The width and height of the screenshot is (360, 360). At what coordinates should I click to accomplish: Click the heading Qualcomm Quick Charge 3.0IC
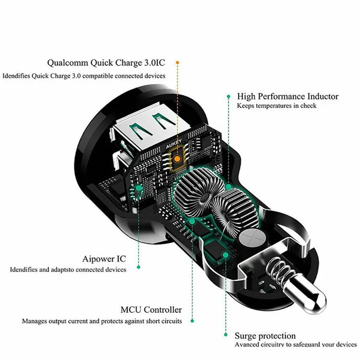[106, 63]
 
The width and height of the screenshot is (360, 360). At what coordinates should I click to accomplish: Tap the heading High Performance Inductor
[288, 96]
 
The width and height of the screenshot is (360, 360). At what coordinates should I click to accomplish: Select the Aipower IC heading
[104, 259]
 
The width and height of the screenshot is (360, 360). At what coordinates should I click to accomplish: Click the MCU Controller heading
[151, 310]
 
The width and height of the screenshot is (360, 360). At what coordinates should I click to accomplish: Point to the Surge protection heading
[265, 336]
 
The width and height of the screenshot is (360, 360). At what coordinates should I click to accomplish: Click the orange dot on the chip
[177, 158]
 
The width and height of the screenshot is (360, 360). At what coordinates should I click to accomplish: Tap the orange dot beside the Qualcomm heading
[178, 63]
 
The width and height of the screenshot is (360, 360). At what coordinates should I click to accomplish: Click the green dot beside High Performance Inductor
[228, 97]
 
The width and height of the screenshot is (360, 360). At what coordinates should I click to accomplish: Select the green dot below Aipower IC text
[138, 267]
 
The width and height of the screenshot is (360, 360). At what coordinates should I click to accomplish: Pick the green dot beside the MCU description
[192, 321]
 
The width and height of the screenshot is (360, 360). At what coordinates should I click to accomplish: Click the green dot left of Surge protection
[226, 335]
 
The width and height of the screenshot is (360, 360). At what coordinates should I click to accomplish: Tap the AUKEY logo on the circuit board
[174, 143]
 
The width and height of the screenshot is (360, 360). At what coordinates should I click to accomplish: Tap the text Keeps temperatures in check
[276, 106]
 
